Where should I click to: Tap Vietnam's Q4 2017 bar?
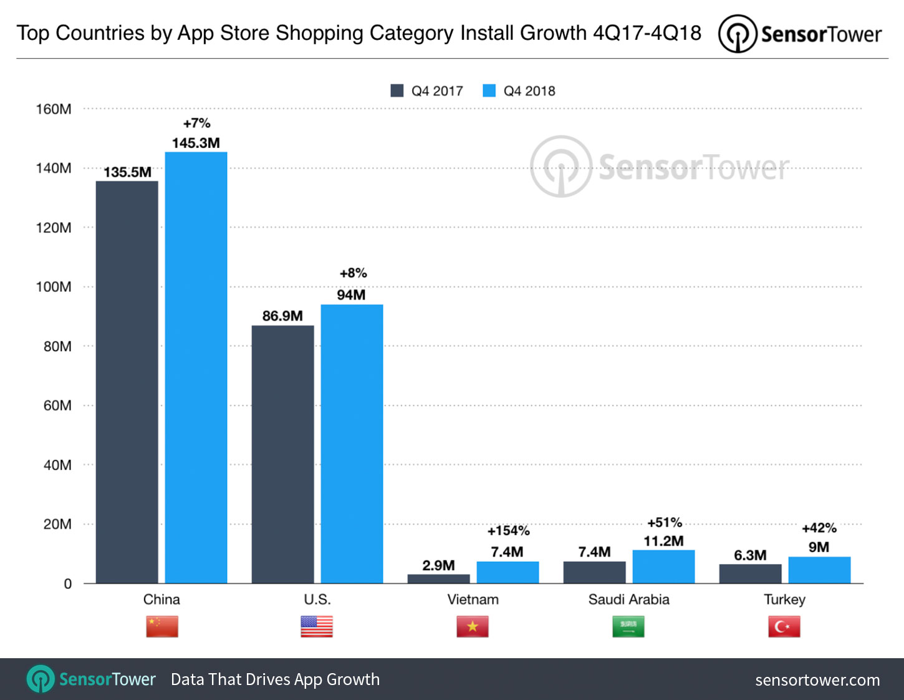[x=438, y=579]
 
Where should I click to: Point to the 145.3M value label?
[x=196, y=143]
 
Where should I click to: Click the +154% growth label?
[x=508, y=531]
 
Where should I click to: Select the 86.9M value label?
[x=282, y=316]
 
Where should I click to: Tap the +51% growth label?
[x=665, y=523]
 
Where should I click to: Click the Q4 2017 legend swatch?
[x=397, y=91]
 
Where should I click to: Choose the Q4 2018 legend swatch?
[x=489, y=91]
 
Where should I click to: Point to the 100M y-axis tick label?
[x=54, y=287]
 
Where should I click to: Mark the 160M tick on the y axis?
[x=54, y=109]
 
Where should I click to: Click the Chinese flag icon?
[x=162, y=626]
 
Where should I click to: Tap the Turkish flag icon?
[x=784, y=626]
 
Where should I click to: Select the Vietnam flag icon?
[x=473, y=626]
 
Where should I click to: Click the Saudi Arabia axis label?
[x=628, y=600]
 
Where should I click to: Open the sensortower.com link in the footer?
[x=817, y=680]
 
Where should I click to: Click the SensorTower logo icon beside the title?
[x=738, y=34]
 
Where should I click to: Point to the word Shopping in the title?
[x=319, y=33]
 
